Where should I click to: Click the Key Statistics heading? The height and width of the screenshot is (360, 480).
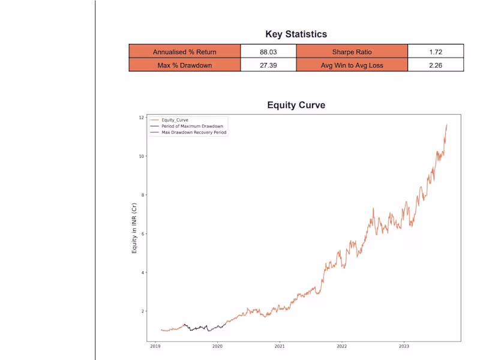[296, 34]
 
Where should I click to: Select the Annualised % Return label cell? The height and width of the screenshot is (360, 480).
[185, 52]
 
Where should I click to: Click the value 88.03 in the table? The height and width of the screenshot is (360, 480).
[268, 52]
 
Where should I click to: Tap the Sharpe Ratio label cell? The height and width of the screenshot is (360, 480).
[352, 52]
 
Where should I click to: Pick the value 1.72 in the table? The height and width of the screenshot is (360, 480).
[436, 52]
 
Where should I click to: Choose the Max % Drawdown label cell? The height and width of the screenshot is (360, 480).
[185, 65]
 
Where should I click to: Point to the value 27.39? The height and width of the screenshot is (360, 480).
[268, 65]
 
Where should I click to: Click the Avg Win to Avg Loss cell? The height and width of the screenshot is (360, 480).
[352, 65]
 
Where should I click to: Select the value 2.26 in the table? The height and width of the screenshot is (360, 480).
[436, 65]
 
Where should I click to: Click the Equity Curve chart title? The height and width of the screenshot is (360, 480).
[296, 105]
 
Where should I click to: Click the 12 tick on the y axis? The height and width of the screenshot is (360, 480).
[142, 118]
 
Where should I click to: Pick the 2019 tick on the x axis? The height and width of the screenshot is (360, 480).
[155, 346]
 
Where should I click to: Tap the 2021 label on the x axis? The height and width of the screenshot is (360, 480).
[280, 346]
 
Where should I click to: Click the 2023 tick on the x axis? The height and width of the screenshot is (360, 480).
[404, 346]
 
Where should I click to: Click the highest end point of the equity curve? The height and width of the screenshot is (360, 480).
[446, 125]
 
